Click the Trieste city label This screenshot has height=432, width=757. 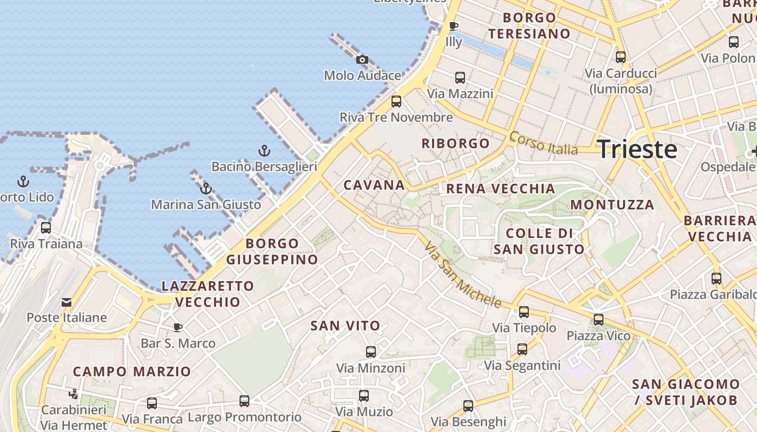pyautogui.click(x=637, y=149)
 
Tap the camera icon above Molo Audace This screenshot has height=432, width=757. pyautogui.click(x=362, y=59)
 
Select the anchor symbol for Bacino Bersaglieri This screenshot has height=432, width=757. pyautogui.click(x=264, y=151)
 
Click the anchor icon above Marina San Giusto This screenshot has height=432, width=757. pyautogui.click(x=205, y=188)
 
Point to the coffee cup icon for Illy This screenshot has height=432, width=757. pyautogui.click(x=454, y=26)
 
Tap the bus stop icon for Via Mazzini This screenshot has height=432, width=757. pyautogui.click(x=460, y=78)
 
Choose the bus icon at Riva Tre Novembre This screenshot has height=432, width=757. pyautogui.click(x=396, y=101)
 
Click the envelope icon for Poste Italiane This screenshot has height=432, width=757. pyautogui.click(x=67, y=302)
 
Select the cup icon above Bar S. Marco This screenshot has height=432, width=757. pyautogui.click(x=177, y=327)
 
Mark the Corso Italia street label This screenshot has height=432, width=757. pyautogui.click(x=543, y=143)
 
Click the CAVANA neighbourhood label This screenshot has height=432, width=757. pyautogui.click(x=374, y=185)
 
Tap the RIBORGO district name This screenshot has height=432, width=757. pyautogui.click(x=455, y=144)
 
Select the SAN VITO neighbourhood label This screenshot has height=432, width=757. pyautogui.click(x=345, y=326)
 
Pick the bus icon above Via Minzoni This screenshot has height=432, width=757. pyautogui.click(x=371, y=352)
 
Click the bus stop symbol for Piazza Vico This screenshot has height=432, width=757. pyautogui.click(x=599, y=320)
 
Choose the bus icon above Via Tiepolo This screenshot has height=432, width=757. pyautogui.click(x=524, y=312)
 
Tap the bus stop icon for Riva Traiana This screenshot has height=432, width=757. pyautogui.click(x=46, y=228)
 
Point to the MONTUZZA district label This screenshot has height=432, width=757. pyautogui.click(x=612, y=205)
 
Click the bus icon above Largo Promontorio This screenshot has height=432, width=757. pyautogui.click(x=244, y=401)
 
